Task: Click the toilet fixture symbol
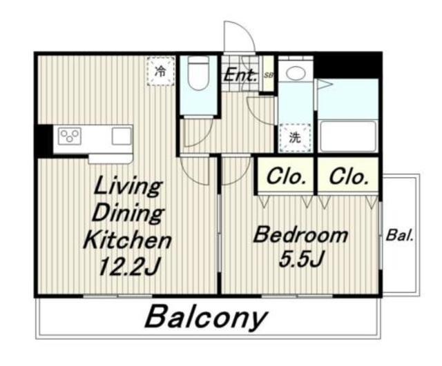198,73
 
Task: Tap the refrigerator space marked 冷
160,71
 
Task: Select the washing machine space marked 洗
295,138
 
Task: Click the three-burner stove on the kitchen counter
70,136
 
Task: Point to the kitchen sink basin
122,136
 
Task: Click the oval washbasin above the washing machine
296,73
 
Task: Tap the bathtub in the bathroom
348,136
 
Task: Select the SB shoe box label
269,75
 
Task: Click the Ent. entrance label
240,75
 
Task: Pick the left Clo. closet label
286,177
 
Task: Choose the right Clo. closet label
349,177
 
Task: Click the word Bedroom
300,235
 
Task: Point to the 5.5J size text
300,258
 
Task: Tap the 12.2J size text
129,267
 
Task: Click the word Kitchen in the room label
127,240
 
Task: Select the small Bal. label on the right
399,235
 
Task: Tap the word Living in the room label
128,186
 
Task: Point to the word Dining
128,214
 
